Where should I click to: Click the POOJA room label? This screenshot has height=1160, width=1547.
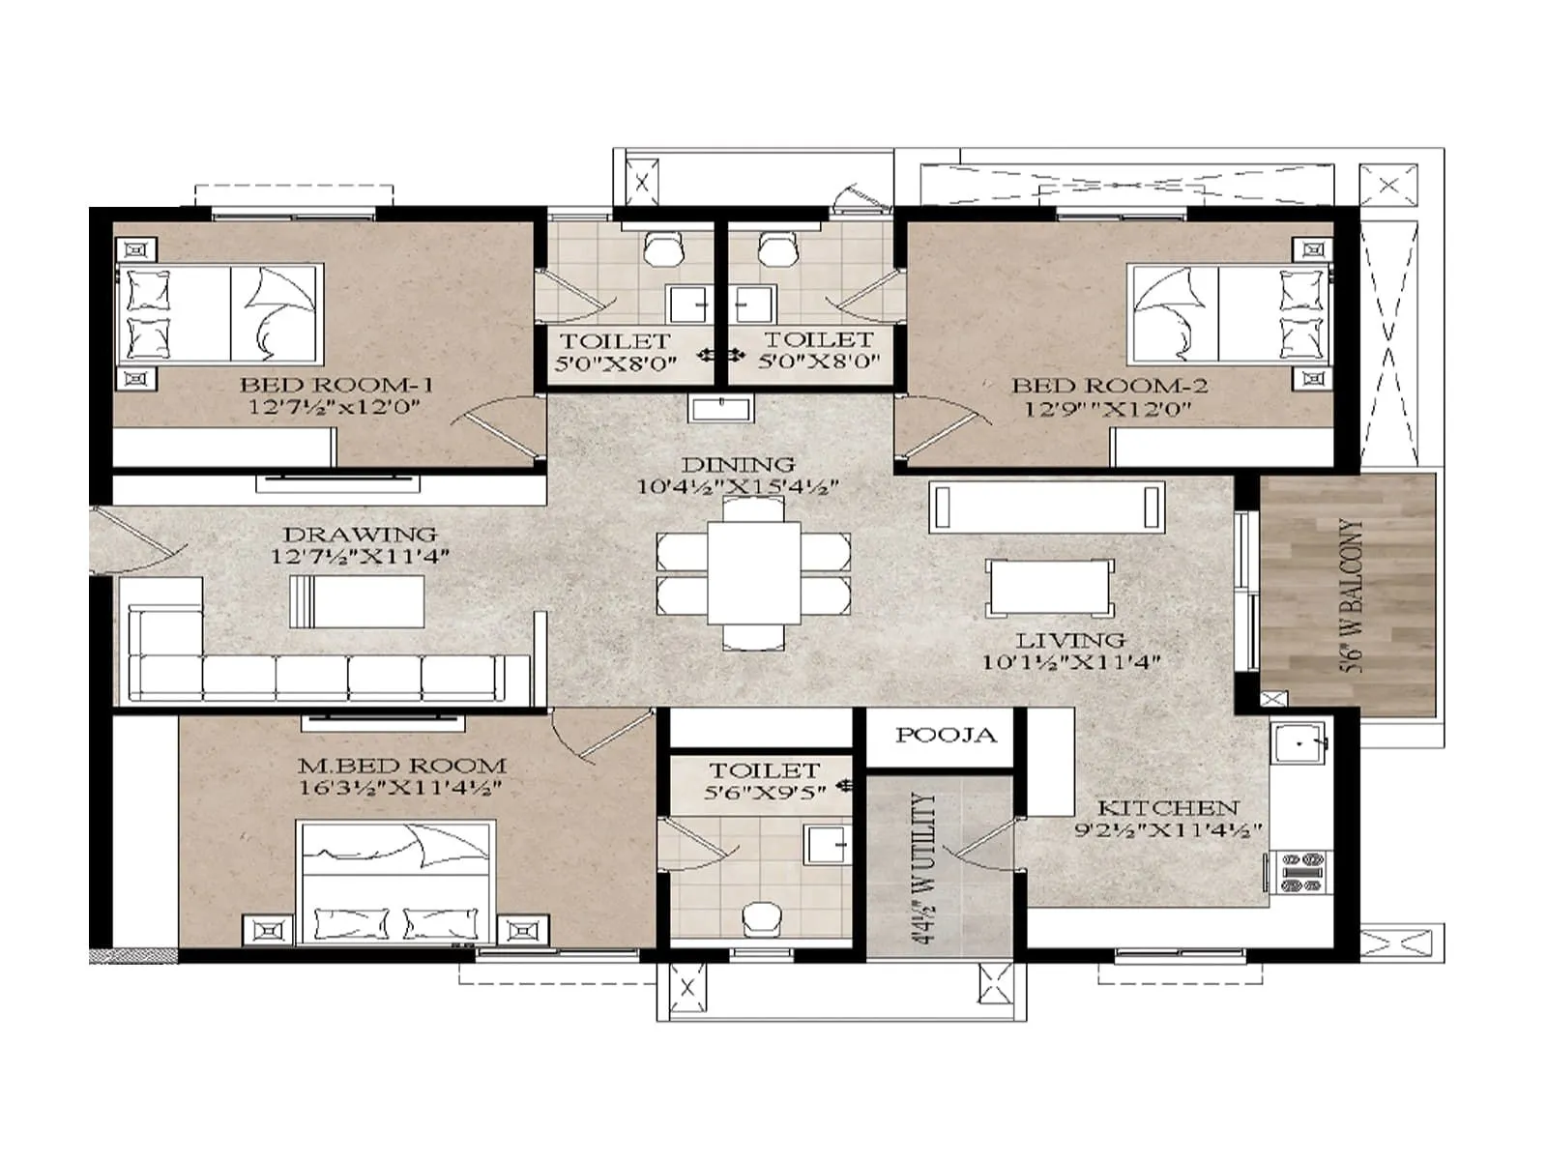point(945,736)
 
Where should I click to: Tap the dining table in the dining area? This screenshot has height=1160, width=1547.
point(754,572)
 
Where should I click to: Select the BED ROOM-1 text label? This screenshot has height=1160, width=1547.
point(336,384)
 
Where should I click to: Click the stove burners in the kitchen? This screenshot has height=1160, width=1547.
point(1300,871)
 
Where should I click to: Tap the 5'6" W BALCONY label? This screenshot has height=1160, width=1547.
point(1353,594)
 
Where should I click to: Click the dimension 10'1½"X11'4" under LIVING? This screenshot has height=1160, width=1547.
point(1069,662)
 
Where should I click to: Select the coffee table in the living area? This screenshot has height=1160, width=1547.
point(1049,587)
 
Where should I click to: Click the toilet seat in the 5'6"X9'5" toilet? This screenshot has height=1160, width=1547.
point(763,918)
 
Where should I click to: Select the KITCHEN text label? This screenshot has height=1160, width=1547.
point(1167,807)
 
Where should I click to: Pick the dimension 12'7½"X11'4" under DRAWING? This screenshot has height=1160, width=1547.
point(360,556)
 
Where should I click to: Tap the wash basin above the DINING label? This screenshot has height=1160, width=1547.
point(720,409)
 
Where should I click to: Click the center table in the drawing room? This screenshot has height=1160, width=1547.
point(357,600)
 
